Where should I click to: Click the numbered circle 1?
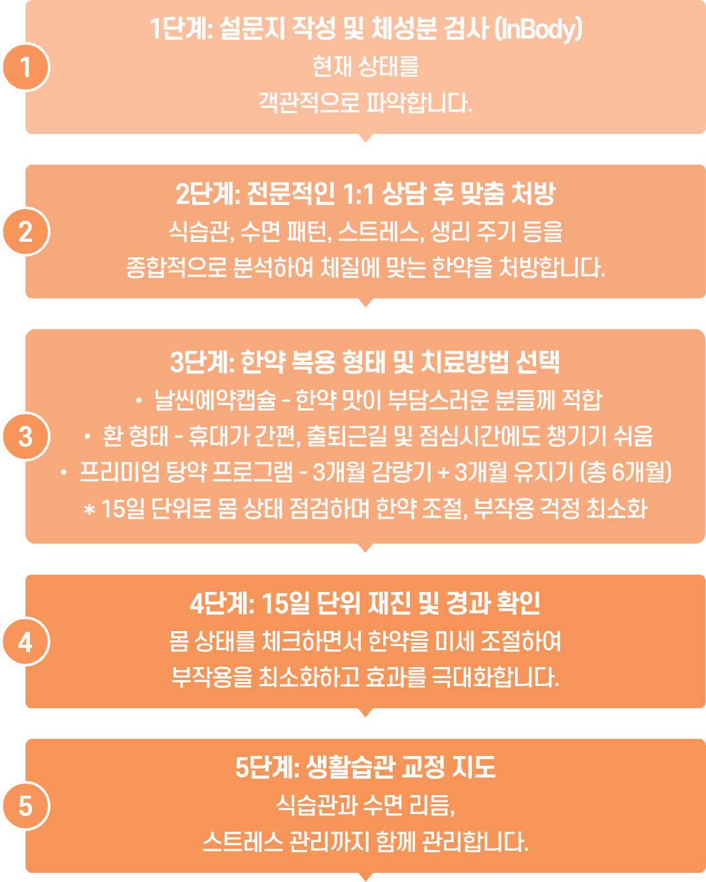point(26,67)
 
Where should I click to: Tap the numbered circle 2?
point(26,232)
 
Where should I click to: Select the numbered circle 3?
point(26,437)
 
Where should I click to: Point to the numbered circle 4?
point(26,642)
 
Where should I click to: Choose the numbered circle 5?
point(26,806)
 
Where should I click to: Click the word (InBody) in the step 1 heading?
point(538,29)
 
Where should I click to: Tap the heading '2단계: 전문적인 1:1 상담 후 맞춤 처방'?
point(365,194)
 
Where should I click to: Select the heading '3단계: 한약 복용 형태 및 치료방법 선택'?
point(365,363)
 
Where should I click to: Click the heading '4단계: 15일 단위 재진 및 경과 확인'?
point(365,604)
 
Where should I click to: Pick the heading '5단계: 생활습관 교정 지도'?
point(365,767)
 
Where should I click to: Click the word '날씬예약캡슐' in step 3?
point(215,400)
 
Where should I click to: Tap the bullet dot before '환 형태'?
point(87,437)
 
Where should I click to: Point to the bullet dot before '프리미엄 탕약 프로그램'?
point(63,473)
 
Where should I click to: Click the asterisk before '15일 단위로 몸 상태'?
point(89,510)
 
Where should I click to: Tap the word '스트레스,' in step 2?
point(382,231)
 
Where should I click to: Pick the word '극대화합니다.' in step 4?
point(496,677)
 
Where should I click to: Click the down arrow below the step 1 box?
point(365,138)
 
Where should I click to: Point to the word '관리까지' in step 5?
point(328,842)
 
